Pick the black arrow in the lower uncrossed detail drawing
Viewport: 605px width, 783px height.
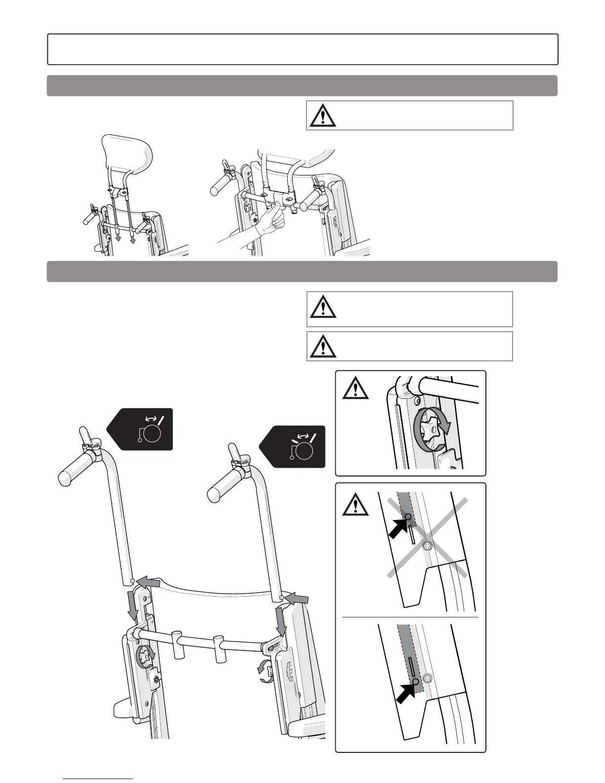click(x=406, y=690)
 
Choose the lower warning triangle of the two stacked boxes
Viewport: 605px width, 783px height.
click(x=323, y=346)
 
